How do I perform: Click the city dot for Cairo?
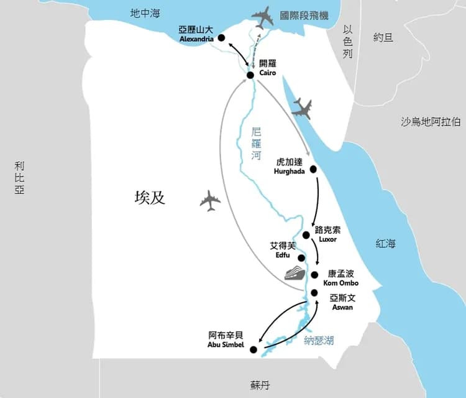click(250, 75)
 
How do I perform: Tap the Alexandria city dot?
click(222, 37)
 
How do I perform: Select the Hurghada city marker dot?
click(313, 169)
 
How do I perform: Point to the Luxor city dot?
click(306, 235)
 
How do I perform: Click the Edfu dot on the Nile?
click(301, 257)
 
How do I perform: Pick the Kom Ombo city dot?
click(315, 275)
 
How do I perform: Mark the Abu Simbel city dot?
click(253, 350)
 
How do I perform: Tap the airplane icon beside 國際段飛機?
click(263, 17)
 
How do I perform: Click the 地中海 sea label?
click(145, 13)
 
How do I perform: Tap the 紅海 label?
click(385, 244)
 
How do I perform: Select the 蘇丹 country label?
click(260, 386)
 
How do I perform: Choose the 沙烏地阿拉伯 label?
click(431, 121)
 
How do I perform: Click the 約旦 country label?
click(383, 37)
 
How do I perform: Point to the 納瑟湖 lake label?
click(319, 340)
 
